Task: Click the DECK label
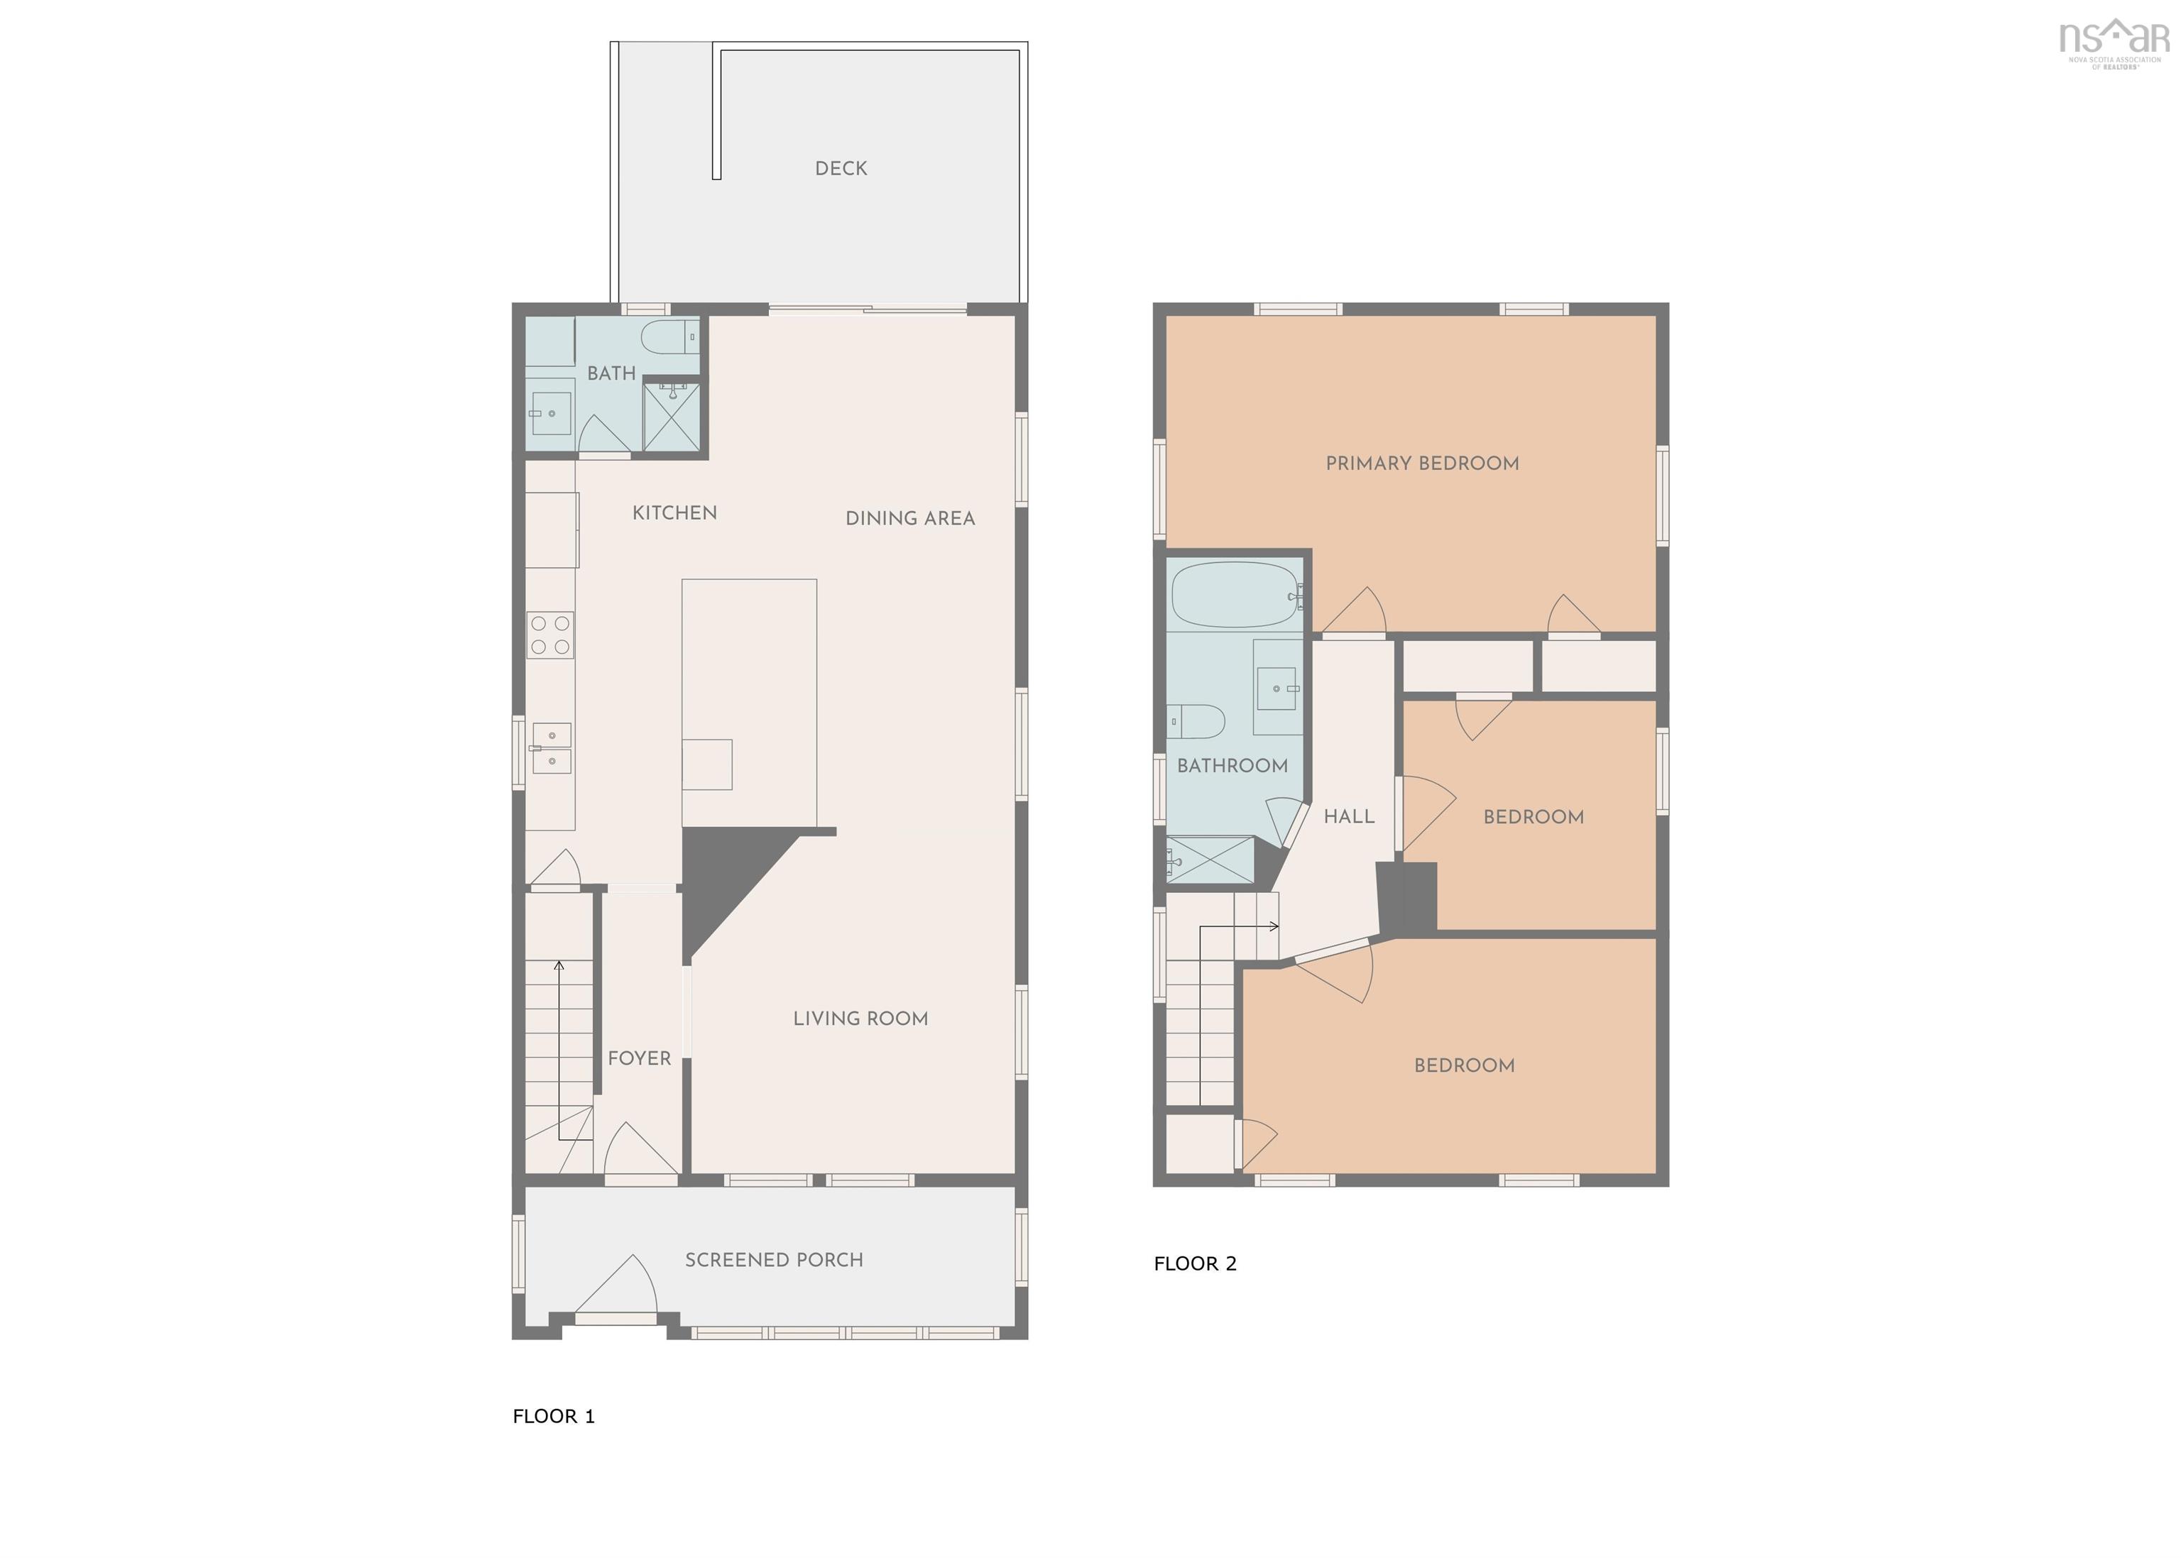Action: point(841,169)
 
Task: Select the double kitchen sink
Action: point(551,748)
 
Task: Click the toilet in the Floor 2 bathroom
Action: point(1196,721)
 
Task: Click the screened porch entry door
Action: point(616,1288)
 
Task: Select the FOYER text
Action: point(639,1058)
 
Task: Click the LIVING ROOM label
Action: point(860,1019)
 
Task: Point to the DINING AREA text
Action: point(909,519)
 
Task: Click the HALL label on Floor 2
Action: point(1349,816)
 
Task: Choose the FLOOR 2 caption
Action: point(1195,1264)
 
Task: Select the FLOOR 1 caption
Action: point(554,1417)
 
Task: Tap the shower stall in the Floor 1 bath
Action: point(672,417)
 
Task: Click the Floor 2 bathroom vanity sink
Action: point(1277,688)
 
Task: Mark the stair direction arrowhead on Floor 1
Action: point(559,965)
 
